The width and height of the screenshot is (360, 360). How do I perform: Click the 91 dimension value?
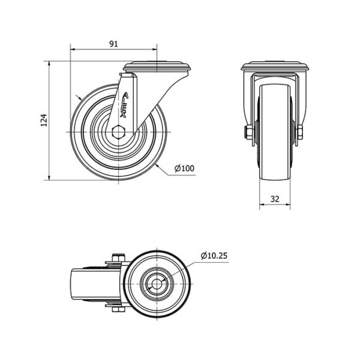pos(113,44)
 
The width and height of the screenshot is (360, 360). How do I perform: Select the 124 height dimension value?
pos(44,120)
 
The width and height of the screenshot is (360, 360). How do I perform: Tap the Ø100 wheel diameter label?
pos(184,168)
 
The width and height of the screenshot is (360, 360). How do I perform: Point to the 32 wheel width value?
pos(275,199)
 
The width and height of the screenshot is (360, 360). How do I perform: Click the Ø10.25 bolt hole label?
pos(214,256)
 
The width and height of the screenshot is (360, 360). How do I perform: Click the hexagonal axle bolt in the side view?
pos(118,132)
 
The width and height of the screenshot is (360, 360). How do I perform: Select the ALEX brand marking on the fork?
pos(125,105)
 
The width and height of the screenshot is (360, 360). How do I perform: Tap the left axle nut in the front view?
pos(248,132)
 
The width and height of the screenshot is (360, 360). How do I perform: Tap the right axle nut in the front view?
pos(299,132)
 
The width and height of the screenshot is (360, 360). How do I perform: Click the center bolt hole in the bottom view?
pos(157,284)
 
